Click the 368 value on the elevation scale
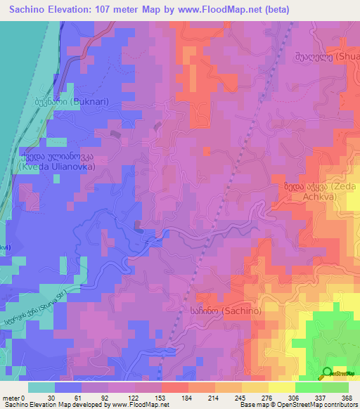pyautogui.click(x=347, y=397)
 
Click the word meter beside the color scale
pyautogui.click(x=10, y=397)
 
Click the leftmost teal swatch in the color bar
pyautogui.click(x=41, y=387)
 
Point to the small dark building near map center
pyautogui.click(x=139, y=226)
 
